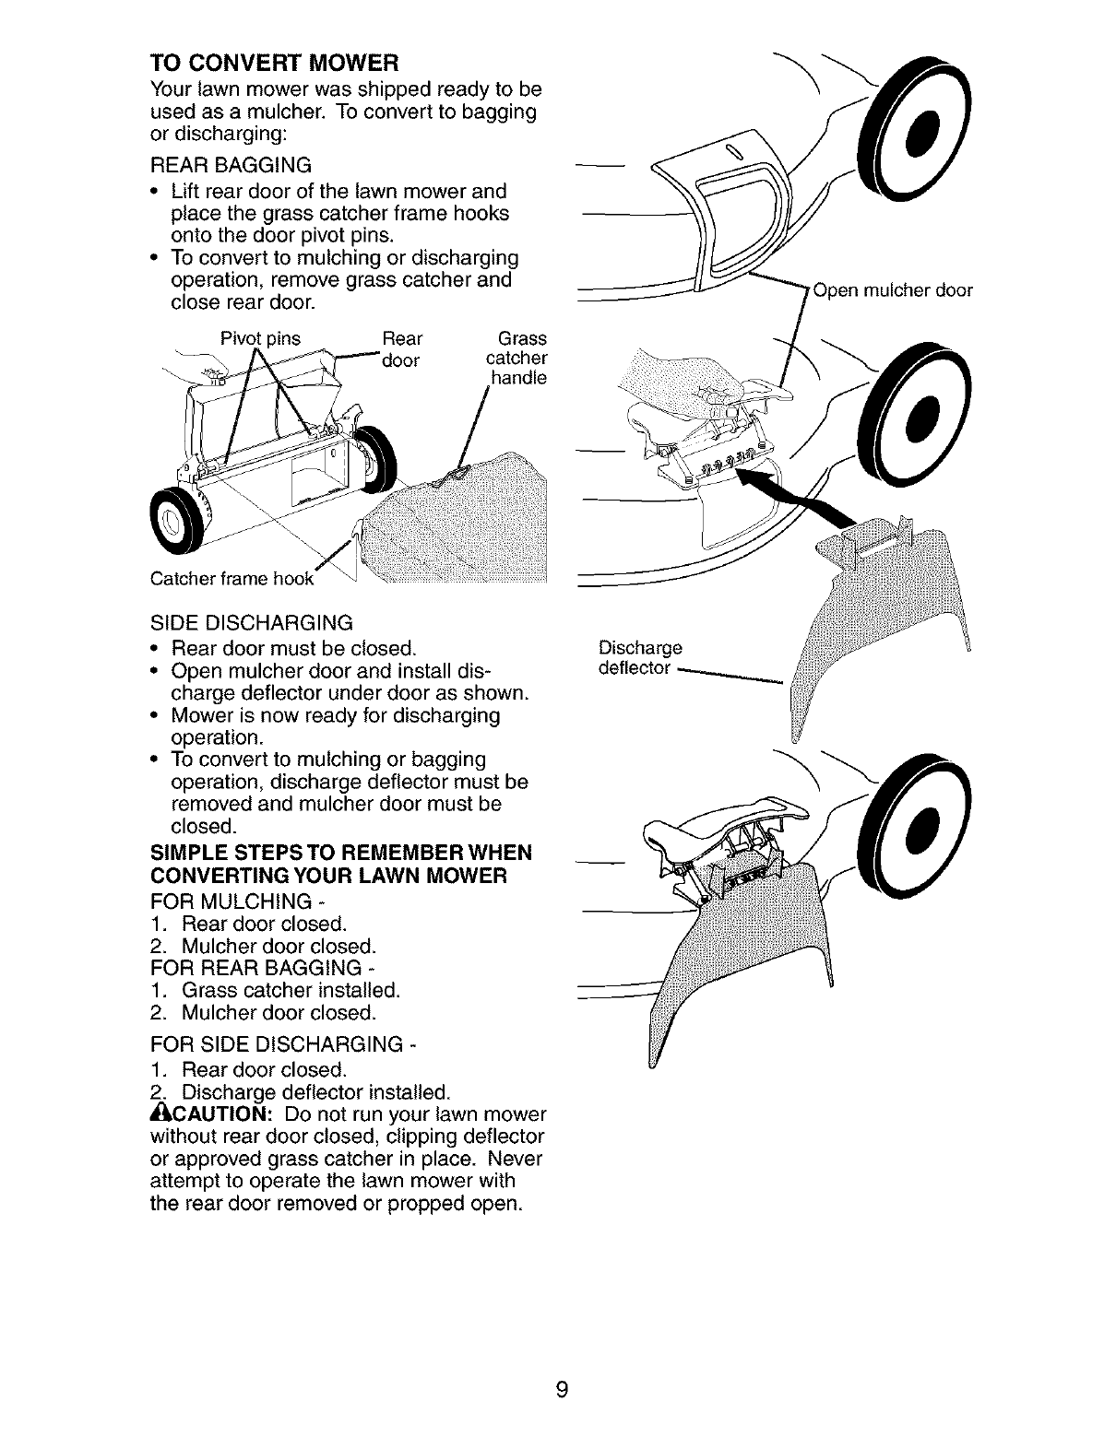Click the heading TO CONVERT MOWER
[273, 64]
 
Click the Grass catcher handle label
[516, 358]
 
